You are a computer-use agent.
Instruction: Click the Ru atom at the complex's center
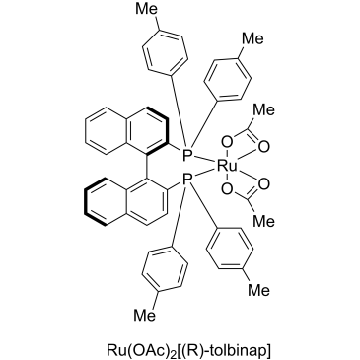pyautogui.click(x=227, y=167)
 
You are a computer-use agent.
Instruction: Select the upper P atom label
pyautogui.click(x=187, y=154)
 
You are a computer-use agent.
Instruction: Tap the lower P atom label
pyautogui.click(x=187, y=180)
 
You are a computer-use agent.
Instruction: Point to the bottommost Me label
pyautogui.click(x=145, y=316)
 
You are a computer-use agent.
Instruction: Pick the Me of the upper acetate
pyautogui.click(x=263, y=109)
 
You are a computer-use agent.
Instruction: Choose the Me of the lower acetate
pyautogui.click(x=263, y=222)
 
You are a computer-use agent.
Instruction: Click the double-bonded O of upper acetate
pyautogui.click(x=263, y=147)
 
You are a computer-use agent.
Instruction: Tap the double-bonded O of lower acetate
pyautogui.click(x=263, y=184)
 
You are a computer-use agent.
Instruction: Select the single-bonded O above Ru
pyautogui.click(x=227, y=143)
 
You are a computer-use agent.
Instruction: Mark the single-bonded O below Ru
pyautogui.click(x=227, y=189)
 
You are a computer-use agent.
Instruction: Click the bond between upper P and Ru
pyautogui.click(x=204, y=160)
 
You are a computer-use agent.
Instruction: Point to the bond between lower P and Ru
pyautogui.click(x=204, y=175)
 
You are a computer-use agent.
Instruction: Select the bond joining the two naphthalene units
pyautogui.click(x=145, y=167)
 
